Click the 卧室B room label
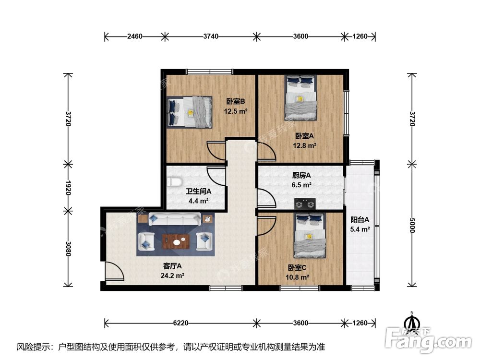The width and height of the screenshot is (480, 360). pyautogui.click(x=236, y=101)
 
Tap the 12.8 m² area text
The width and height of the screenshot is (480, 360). pyautogui.click(x=305, y=145)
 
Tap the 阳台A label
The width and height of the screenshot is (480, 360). pyautogui.click(x=360, y=220)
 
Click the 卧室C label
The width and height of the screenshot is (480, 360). pyautogui.click(x=298, y=267)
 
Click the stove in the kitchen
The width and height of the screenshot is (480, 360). pyautogui.click(x=306, y=204)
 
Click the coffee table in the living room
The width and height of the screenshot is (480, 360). pyautogui.click(x=176, y=241)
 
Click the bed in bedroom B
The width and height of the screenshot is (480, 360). pyautogui.click(x=190, y=112)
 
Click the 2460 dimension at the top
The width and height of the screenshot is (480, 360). pyautogui.click(x=135, y=36)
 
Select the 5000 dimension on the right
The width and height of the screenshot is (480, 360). pyautogui.click(x=411, y=225)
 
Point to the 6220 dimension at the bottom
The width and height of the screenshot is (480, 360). pyautogui.click(x=180, y=323)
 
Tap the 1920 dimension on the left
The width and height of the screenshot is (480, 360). pyautogui.click(x=68, y=187)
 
